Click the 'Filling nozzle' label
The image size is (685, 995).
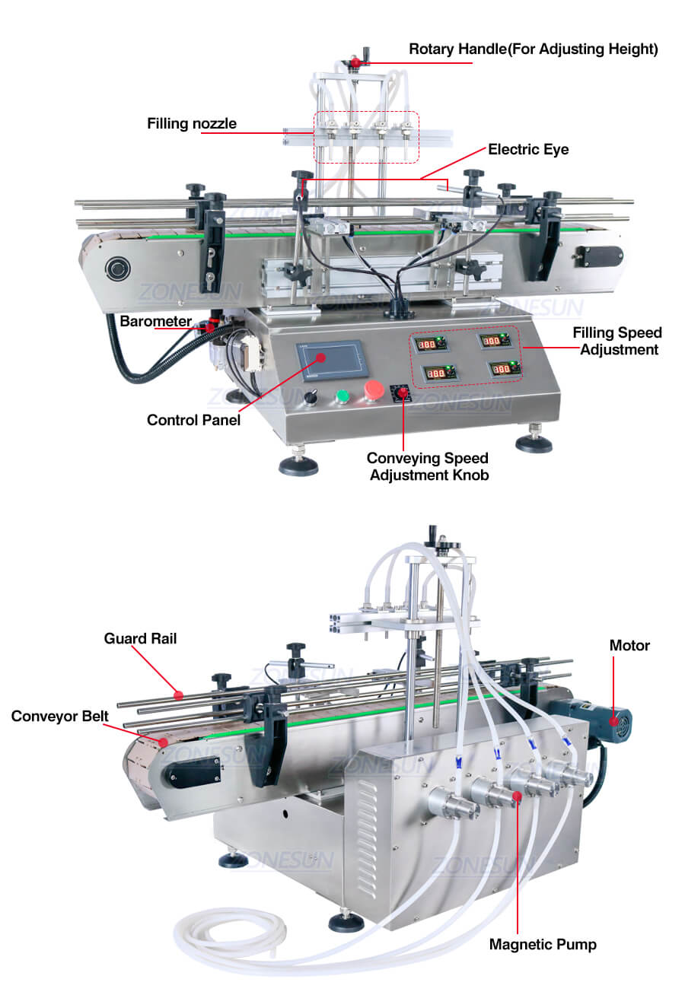[x=192, y=123]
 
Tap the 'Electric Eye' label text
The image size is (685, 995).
[x=528, y=149]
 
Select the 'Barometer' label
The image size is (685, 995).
[x=155, y=321]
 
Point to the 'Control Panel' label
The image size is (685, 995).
[x=193, y=420]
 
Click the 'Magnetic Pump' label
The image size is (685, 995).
[x=543, y=944]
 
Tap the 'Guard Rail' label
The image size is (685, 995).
[x=140, y=638]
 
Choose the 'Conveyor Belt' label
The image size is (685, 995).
[x=59, y=716]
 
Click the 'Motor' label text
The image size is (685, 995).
[x=629, y=645]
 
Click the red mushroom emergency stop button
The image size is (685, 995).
[x=374, y=390]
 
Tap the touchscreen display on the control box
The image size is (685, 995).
[x=332, y=361]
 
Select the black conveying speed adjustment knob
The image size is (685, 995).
[x=401, y=393]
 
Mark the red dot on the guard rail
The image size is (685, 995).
[x=178, y=695]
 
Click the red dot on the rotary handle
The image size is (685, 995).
[x=355, y=62]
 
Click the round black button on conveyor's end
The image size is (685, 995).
[x=118, y=269]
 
